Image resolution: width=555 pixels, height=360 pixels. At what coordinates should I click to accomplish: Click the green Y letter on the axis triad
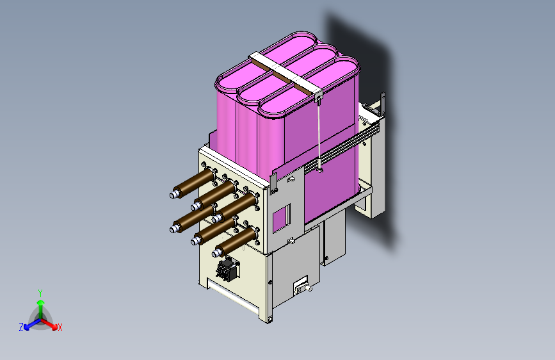tap(40, 293)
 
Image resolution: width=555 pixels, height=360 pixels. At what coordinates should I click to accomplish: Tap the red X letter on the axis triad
tap(60, 327)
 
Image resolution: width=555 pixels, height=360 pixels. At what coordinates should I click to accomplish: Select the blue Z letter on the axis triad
tap(21, 327)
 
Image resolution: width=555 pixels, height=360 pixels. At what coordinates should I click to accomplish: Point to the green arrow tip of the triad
tap(41, 302)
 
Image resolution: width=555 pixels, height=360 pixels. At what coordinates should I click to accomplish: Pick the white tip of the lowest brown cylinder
tap(216, 253)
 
